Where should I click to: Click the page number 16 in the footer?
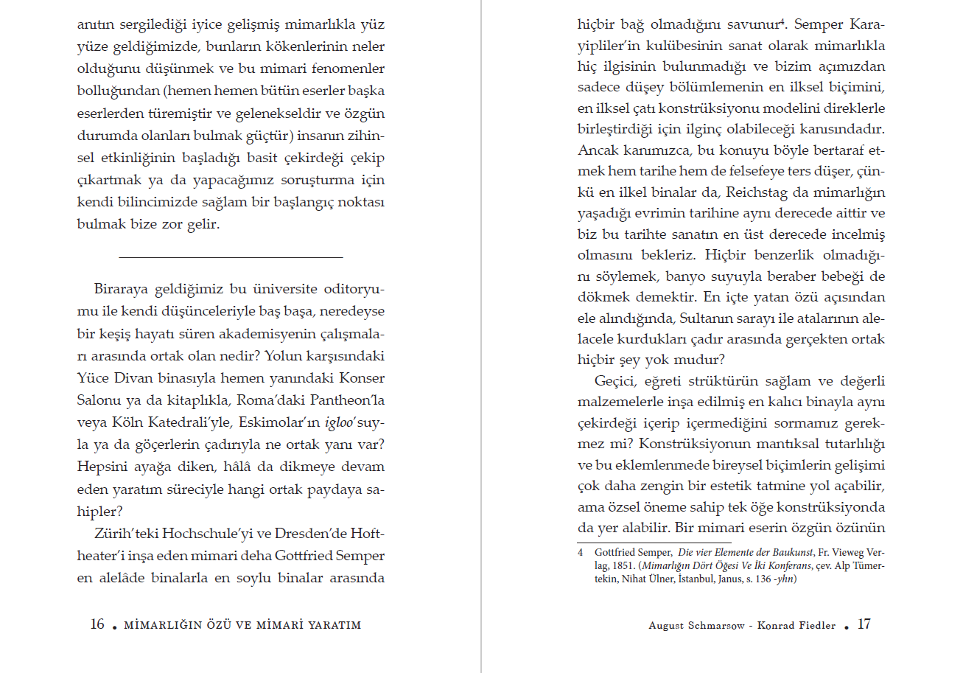[97, 624]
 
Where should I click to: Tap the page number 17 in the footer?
[864, 624]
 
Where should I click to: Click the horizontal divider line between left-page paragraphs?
[231, 257]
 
